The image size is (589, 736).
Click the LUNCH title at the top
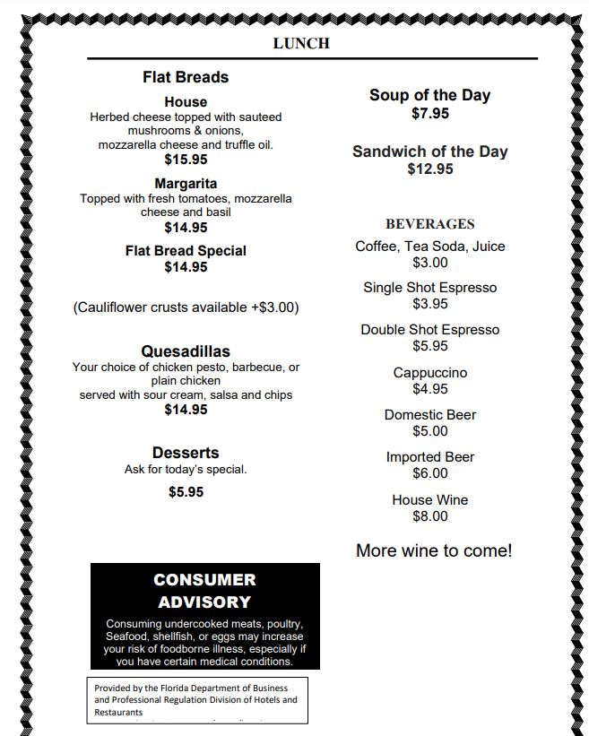301,43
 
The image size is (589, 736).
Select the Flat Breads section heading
186,77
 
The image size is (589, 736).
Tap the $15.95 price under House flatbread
186,160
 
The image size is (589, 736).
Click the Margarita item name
186,184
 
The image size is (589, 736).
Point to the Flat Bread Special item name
186,251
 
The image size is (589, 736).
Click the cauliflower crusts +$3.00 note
186,307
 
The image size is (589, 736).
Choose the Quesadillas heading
186,351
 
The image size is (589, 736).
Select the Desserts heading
186,453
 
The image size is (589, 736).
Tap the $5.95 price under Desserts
186,492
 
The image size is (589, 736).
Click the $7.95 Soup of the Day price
430,114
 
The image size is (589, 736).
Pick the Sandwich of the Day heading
430,152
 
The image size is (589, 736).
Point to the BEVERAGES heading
430,224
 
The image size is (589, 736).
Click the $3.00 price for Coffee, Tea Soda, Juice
430,263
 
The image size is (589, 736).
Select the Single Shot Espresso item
430,288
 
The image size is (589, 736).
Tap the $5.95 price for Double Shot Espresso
430,346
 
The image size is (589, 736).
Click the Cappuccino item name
430,373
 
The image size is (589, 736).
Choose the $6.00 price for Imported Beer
430,473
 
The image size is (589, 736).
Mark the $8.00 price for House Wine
430,516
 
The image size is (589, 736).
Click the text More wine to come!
434,550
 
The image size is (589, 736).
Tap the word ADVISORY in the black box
204,602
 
